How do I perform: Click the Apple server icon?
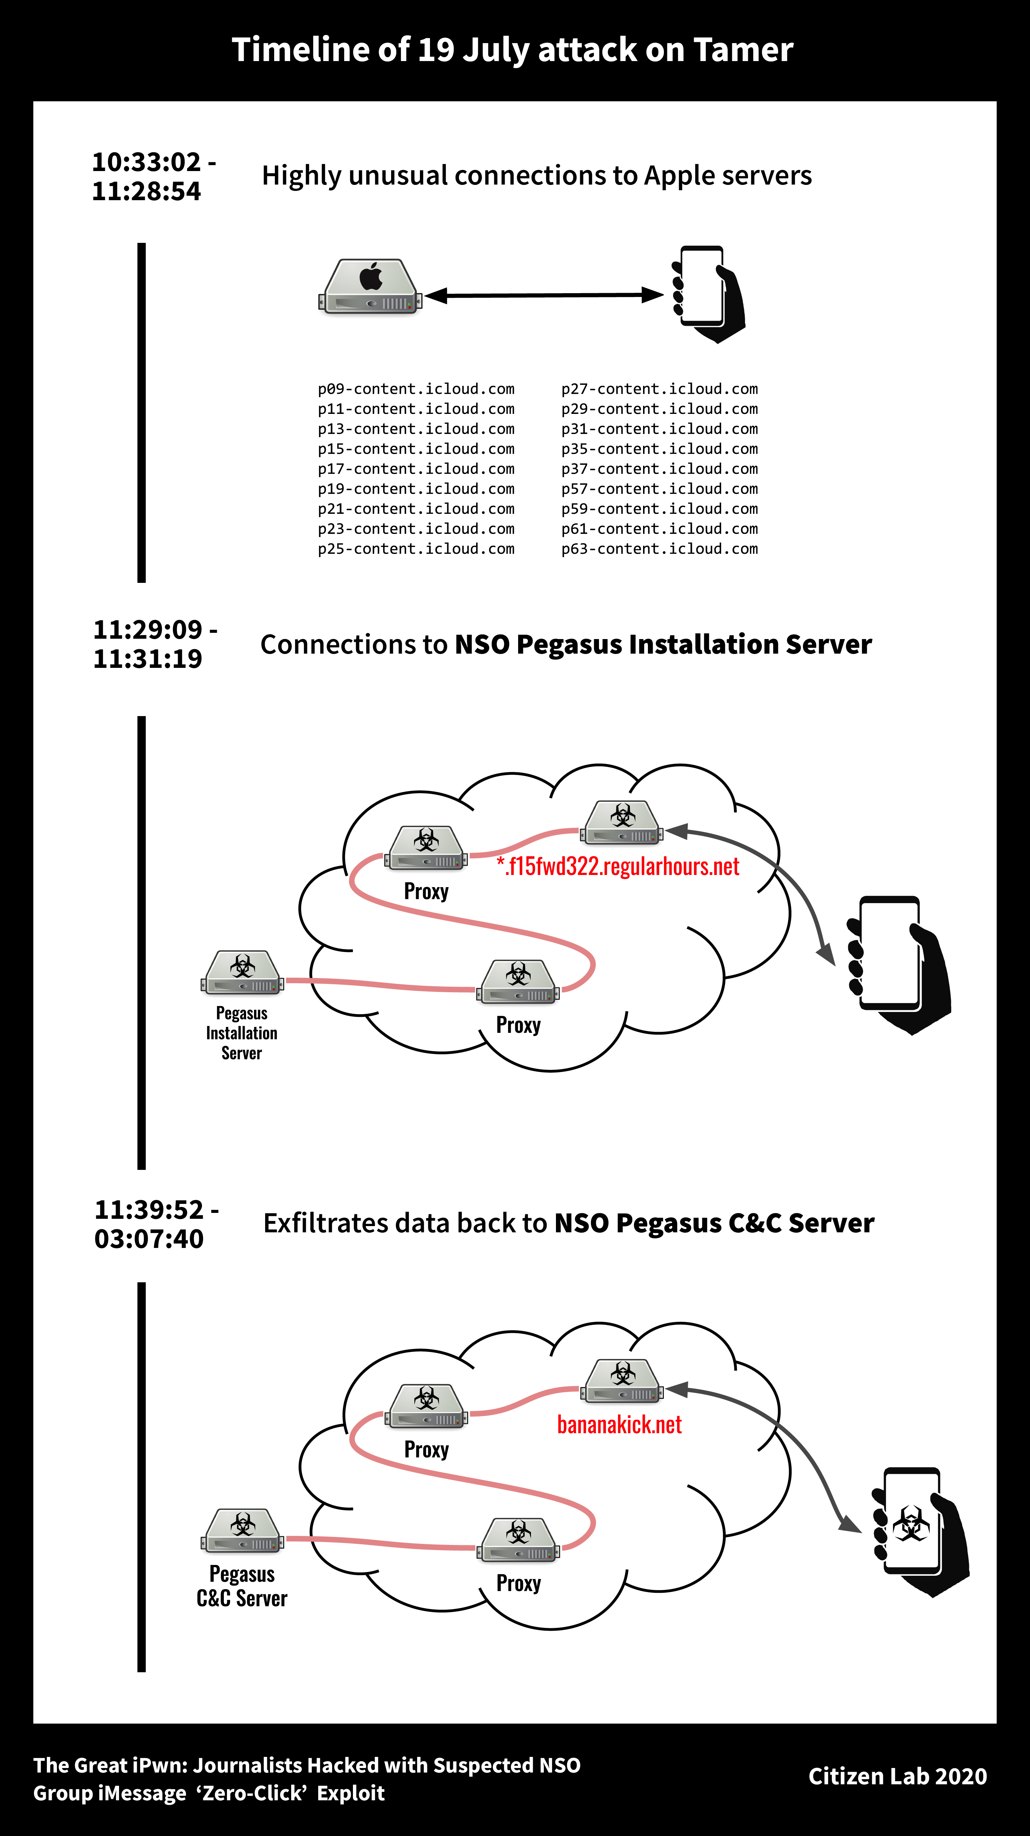370,287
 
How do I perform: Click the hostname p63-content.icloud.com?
659,549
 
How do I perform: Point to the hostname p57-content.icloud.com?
659,489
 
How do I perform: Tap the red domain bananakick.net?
619,1425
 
